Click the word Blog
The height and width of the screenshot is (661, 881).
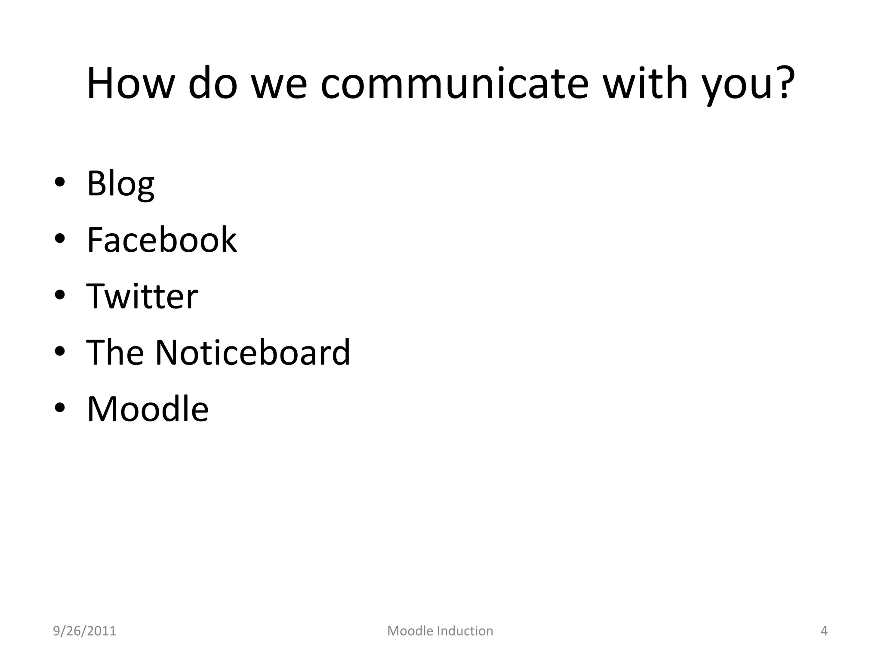tap(120, 184)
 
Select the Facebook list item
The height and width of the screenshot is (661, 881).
tap(161, 240)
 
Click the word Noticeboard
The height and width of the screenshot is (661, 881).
tap(253, 352)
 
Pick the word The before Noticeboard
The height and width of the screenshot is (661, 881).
tap(115, 352)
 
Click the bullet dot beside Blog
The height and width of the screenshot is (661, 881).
tap(60, 182)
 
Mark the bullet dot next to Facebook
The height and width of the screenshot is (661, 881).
tap(60, 238)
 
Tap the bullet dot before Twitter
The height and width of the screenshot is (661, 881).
tap(60, 295)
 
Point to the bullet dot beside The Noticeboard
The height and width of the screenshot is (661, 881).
tap(60, 351)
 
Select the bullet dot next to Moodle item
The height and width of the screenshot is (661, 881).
tap(60, 408)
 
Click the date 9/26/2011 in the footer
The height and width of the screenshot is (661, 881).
tap(84, 631)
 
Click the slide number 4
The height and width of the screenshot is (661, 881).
tap(824, 631)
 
